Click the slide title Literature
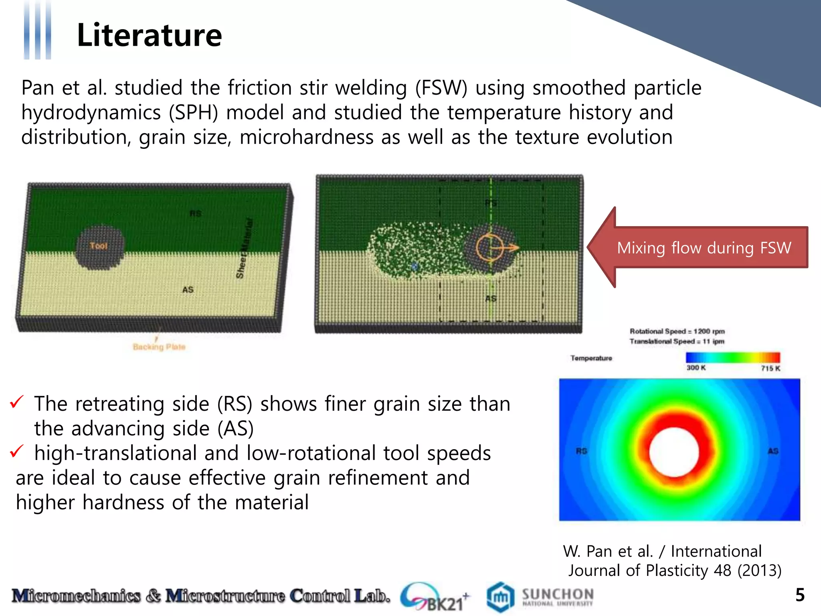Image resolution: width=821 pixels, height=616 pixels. pyautogui.click(x=149, y=35)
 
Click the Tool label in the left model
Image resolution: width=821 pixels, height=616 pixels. pyautogui.click(x=99, y=246)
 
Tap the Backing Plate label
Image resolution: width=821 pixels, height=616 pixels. pyautogui.click(x=159, y=347)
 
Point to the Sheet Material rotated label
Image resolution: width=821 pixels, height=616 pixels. pyautogui.click(x=245, y=248)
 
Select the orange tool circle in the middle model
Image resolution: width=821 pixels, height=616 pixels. pyautogui.click(x=489, y=247)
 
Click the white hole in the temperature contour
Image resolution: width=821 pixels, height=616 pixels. pyautogui.click(x=674, y=452)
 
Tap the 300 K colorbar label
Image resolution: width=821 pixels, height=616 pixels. pyautogui.click(x=696, y=368)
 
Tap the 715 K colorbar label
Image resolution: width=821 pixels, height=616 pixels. pyautogui.click(x=770, y=368)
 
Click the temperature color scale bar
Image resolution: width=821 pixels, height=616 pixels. pyautogui.click(x=733, y=357)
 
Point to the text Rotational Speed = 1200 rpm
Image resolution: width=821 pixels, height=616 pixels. pyautogui.click(x=677, y=331)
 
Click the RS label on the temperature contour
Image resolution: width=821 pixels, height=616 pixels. pyautogui.click(x=581, y=451)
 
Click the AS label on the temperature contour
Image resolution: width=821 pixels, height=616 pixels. pyautogui.click(x=773, y=451)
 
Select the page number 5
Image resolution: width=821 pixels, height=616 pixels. pyautogui.click(x=800, y=595)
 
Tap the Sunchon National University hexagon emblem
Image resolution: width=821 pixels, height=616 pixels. pyautogui.click(x=500, y=597)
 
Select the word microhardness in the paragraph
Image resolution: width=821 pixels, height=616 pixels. pyautogui.click(x=307, y=138)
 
